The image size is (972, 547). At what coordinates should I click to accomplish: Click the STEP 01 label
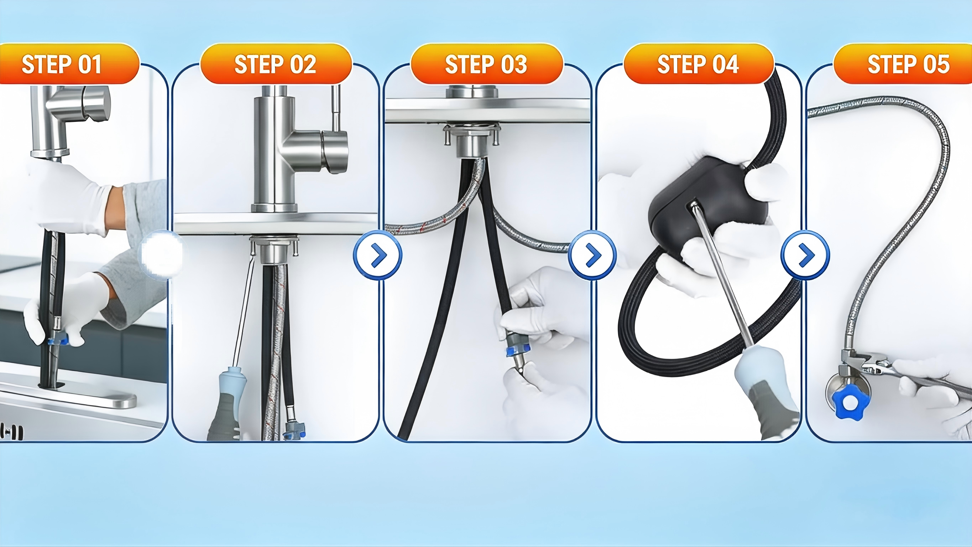coord(69,63)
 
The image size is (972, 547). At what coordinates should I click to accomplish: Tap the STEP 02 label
coord(276,63)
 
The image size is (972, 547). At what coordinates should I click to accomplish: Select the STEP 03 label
coord(486,63)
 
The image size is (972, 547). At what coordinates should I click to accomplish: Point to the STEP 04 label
coord(699,63)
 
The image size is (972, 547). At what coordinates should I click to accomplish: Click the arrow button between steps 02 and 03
coord(378,256)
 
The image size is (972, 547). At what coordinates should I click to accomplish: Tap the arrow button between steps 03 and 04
coord(592,256)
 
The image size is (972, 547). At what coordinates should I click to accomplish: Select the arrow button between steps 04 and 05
coord(805,256)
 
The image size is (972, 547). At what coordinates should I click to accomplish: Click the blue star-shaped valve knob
coord(850,402)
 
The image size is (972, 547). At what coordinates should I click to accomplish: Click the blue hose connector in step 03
coord(518,350)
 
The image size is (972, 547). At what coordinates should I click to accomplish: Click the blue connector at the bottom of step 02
coord(295,430)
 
